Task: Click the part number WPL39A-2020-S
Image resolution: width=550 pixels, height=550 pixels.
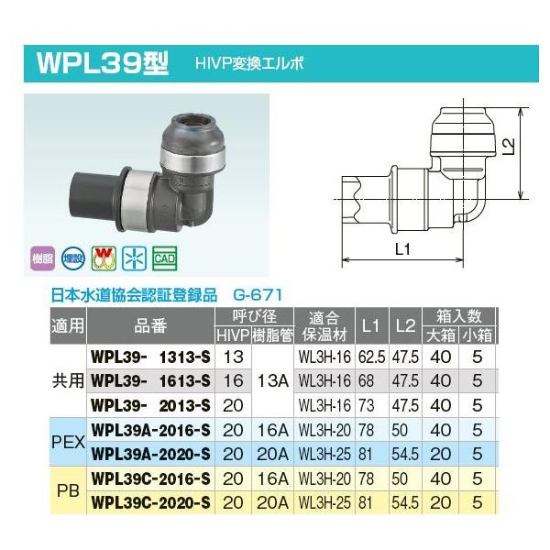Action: pos(151,454)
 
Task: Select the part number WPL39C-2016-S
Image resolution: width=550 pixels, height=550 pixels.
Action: pos(151,478)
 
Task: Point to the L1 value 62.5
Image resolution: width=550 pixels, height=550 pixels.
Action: pos(370,354)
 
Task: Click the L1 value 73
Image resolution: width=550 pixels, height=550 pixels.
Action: pos(370,403)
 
